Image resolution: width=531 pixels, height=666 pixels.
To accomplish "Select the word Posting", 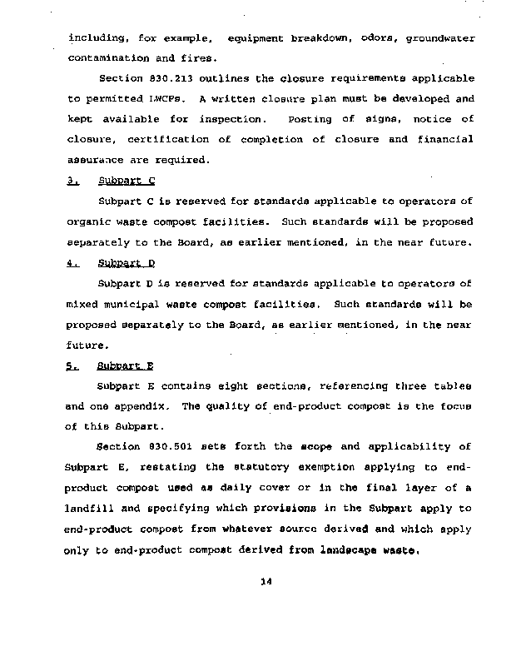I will tap(310, 119).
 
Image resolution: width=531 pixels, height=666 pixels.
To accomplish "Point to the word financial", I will tap(447, 140).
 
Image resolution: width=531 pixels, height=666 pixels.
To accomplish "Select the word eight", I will tap(221, 386).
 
